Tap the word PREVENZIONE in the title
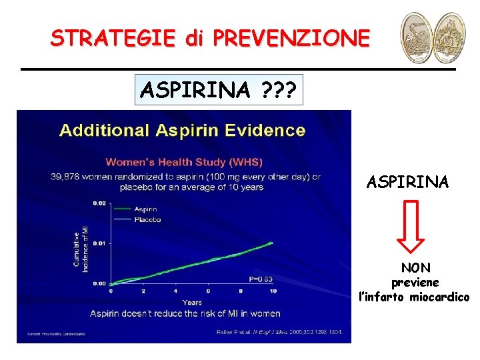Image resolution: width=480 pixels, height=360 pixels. tap(291, 38)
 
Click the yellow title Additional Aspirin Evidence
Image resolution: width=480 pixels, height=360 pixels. tap(182, 130)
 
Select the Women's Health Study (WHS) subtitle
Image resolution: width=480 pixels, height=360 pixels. tap(185, 162)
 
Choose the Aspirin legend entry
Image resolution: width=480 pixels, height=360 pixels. tap(146, 209)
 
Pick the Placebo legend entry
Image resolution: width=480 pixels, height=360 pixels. tap(147, 219)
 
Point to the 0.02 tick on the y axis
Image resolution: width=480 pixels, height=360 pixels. tap(98, 202)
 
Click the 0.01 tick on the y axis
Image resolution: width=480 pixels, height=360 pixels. tap(98, 243)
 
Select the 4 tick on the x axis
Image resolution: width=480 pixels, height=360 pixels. tap(175, 291)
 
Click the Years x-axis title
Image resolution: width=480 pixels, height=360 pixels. tap(191, 302)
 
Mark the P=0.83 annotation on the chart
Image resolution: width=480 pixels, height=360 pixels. tap(259, 279)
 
